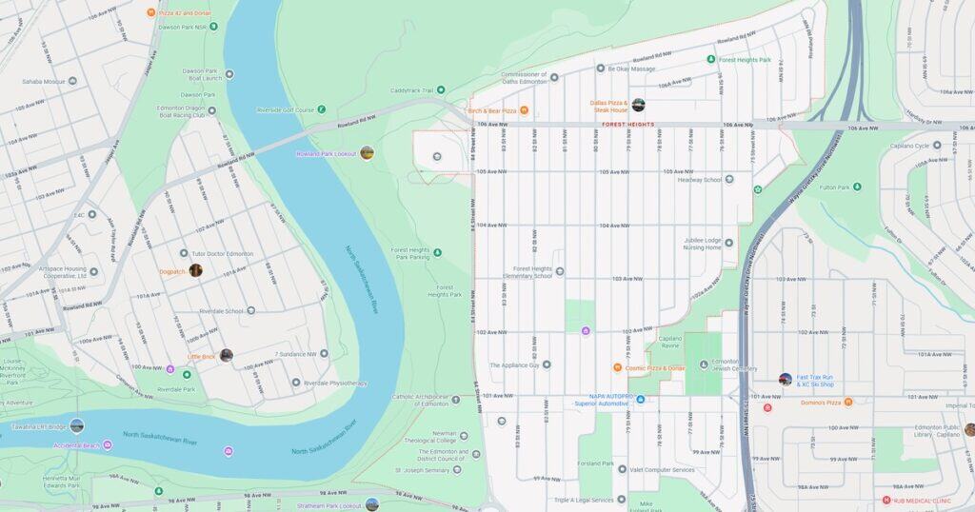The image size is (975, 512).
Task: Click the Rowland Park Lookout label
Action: tap(326, 153)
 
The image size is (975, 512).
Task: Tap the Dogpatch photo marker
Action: tap(195, 270)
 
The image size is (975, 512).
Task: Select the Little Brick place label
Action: tap(202, 356)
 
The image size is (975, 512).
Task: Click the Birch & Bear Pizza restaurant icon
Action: tap(524, 110)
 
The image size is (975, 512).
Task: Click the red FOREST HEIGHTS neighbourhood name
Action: tap(627, 125)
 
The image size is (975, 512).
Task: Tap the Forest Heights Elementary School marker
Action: tap(560, 271)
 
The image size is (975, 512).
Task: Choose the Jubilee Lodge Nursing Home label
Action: tap(701, 244)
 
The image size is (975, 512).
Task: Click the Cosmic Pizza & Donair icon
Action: tap(617, 367)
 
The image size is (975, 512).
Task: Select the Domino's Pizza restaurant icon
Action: tap(848, 402)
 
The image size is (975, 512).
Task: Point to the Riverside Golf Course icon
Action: tap(322, 109)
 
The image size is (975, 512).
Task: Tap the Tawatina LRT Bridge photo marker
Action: tap(76, 425)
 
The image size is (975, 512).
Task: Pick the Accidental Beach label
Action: tap(77, 445)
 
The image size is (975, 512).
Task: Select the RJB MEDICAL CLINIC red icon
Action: tap(886, 500)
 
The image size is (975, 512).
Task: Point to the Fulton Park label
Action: tap(835, 187)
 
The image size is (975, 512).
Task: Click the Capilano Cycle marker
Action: tap(937, 146)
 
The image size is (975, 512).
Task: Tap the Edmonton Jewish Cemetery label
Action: tap(733, 365)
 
